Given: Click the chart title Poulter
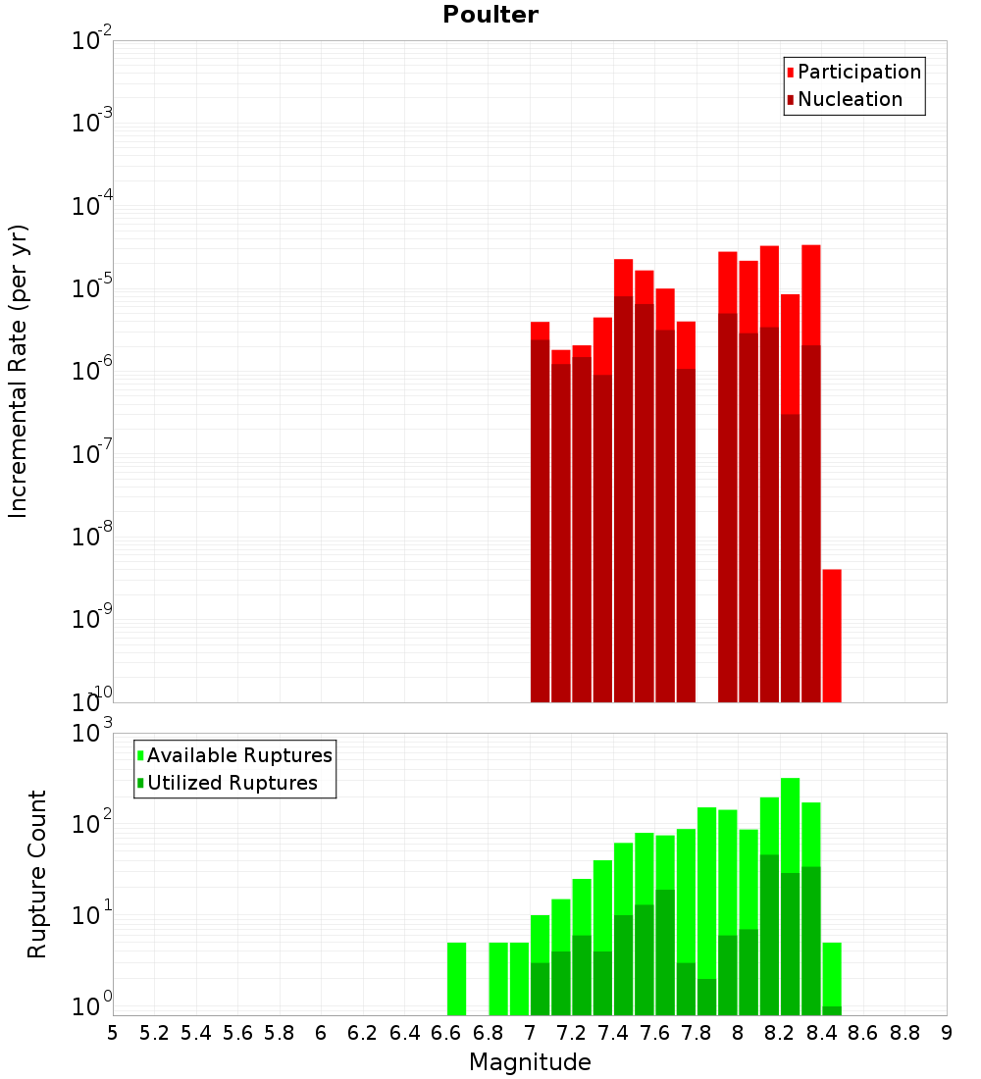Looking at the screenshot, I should [x=490, y=15].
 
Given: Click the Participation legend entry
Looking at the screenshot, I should [x=859, y=72].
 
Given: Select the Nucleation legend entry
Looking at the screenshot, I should [x=850, y=99].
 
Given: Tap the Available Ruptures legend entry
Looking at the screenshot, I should [x=239, y=755].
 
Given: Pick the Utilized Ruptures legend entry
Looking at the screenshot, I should [x=232, y=783].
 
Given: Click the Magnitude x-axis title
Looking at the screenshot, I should [x=530, y=1062].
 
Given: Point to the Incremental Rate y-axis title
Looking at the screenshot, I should [x=19, y=371].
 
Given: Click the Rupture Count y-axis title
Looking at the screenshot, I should [x=37, y=874].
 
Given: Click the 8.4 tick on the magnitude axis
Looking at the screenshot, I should [x=822, y=1033].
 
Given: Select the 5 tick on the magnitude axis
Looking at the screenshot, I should [x=113, y=1033].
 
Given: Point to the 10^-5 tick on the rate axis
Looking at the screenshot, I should [x=91, y=288].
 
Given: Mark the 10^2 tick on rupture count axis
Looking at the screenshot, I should [x=91, y=824].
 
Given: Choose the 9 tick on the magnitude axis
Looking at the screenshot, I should [x=947, y=1033].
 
